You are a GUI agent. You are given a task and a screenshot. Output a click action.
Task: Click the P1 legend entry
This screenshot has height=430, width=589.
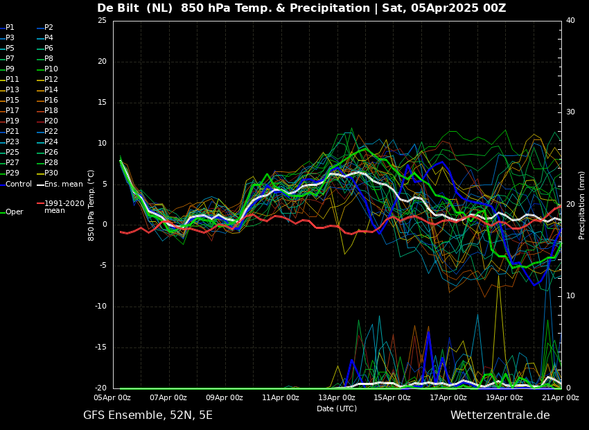point(7,28)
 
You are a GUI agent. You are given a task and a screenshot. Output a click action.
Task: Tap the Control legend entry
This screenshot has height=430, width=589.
point(16,184)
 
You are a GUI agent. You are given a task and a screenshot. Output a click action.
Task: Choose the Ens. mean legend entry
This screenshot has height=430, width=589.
point(60,184)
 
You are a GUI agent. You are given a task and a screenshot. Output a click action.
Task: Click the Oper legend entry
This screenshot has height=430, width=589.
point(12,212)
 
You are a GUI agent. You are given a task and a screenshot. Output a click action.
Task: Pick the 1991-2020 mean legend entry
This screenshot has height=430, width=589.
point(60,207)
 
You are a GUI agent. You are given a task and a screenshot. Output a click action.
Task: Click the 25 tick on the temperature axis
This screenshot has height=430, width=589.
point(102,20)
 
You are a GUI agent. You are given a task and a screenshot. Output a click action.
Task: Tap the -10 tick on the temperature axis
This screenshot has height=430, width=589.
point(100,307)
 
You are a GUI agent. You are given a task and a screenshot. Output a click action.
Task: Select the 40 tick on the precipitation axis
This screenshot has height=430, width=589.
point(570,20)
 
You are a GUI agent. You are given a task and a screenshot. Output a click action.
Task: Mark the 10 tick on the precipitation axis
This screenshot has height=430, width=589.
point(570,296)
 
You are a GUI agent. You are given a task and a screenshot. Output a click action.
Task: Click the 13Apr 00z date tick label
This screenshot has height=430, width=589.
point(337,397)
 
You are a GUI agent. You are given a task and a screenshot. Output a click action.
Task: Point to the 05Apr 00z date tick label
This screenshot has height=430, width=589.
point(113,397)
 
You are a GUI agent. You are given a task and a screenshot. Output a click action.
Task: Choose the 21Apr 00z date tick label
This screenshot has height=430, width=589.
point(561,397)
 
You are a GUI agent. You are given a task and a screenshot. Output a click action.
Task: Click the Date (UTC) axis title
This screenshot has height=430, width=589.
point(337,409)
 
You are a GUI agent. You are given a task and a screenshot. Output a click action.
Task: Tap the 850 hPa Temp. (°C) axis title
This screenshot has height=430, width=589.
point(91,205)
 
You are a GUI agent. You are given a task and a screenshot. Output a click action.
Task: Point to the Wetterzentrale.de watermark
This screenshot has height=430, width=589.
point(500,415)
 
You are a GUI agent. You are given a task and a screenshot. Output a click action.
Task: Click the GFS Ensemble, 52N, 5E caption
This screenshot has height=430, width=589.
point(148,415)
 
